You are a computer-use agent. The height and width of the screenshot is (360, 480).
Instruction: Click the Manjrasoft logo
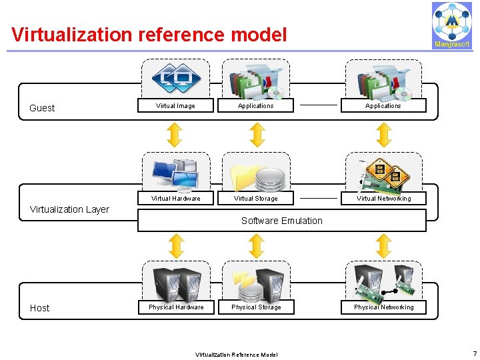tap(451, 25)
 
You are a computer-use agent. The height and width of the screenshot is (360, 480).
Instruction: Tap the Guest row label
tap(42, 108)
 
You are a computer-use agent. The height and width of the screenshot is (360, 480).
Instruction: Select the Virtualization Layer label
tap(69, 209)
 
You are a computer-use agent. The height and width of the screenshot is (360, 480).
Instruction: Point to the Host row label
tap(39, 308)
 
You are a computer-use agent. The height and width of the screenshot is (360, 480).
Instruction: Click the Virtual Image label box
tap(175, 106)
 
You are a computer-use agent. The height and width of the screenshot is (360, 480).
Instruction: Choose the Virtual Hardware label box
tap(175, 199)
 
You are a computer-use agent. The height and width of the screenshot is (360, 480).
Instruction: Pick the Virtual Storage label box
tap(256, 199)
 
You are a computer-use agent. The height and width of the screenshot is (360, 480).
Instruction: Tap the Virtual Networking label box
tap(383, 199)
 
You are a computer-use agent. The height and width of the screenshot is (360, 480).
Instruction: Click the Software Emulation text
tap(281, 221)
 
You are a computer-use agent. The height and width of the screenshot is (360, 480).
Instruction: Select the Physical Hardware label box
tap(175, 307)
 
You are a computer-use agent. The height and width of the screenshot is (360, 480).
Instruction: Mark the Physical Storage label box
tap(256, 307)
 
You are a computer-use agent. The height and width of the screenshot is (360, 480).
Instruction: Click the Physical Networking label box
tap(383, 307)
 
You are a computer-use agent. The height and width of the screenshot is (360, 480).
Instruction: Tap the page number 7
tap(474, 353)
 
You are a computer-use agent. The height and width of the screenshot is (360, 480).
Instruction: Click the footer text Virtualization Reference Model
tap(236, 354)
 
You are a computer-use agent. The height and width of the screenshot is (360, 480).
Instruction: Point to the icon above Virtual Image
tap(176, 78)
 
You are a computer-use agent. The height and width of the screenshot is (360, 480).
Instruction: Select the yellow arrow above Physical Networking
tap(383, 246)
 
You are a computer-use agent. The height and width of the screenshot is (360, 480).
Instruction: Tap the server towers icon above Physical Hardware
tap(177, 283)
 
